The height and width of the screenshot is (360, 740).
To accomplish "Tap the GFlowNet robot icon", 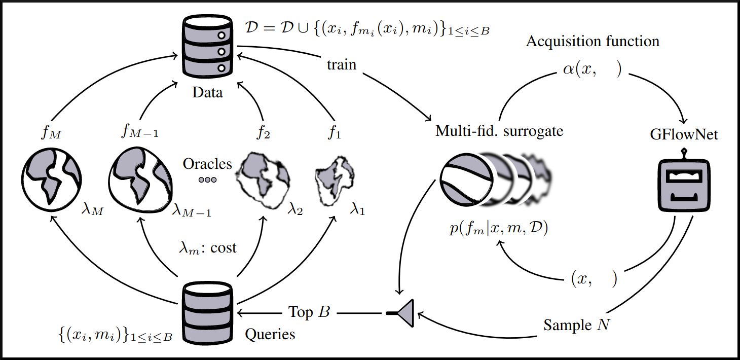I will point(684,186).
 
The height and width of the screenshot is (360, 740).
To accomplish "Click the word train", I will point(342,65).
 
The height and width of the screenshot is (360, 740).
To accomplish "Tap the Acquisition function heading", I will point(593,41).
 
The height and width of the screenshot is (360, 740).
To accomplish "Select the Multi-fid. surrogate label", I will point(499,131).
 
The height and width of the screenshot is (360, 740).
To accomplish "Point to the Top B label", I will point(309,312).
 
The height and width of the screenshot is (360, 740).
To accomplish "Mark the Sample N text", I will point(577,325).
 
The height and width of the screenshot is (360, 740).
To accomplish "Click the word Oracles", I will point(207,164).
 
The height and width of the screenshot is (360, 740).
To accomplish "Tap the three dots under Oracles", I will point(207,179).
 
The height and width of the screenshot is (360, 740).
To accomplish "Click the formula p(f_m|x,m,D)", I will point(499,229).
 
